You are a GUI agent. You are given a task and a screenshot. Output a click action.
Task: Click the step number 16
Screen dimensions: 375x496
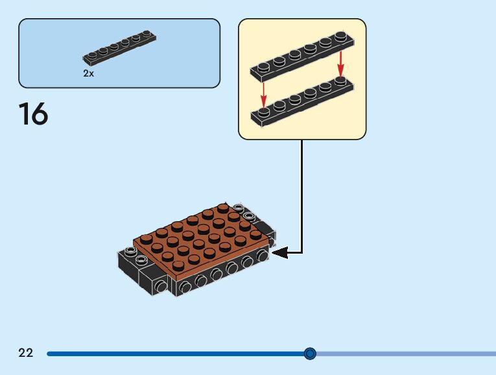click(x=33, y=114)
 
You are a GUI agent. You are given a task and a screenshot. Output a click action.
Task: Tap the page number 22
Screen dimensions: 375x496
click(x=26, y=353)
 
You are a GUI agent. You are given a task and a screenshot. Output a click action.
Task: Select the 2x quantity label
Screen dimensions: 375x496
click(x=89, y=74)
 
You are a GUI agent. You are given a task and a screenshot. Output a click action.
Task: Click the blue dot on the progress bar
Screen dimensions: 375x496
click(x=310, y=354)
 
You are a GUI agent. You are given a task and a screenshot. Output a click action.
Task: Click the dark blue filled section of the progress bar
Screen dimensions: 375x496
click(x=175, y=354)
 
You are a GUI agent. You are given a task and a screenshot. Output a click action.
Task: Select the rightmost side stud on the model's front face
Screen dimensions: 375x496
click(x=263, y=257)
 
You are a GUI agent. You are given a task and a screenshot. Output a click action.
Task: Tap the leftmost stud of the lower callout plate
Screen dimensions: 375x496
click(x=264, y=114)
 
